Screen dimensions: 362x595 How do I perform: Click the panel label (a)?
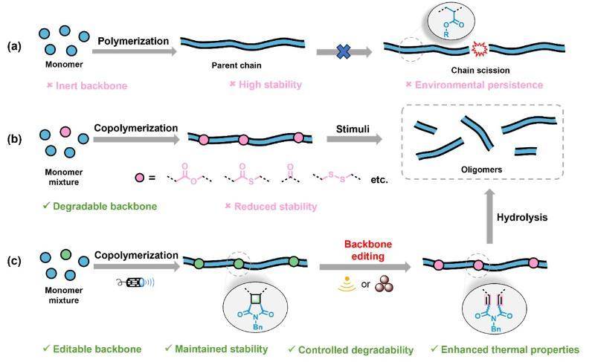click(x=15, y=45)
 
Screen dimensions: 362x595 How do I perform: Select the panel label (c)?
click(x=15, y=261)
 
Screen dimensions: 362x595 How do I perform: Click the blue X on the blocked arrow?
click(x=343, y=51)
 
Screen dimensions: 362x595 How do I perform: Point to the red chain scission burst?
click(x=478, y=49)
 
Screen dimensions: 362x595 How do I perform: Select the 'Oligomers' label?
click(x=481, y=169)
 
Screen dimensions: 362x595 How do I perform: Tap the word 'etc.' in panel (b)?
click(x=379, y=178)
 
